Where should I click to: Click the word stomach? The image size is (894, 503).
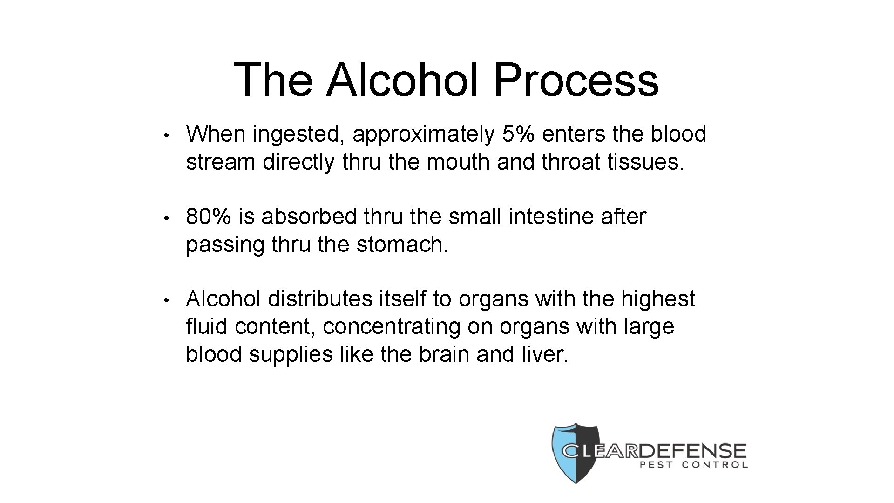pos(402,245)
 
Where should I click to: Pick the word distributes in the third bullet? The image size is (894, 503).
pos(320,299)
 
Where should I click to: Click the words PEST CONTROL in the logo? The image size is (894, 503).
pos(694,465)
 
